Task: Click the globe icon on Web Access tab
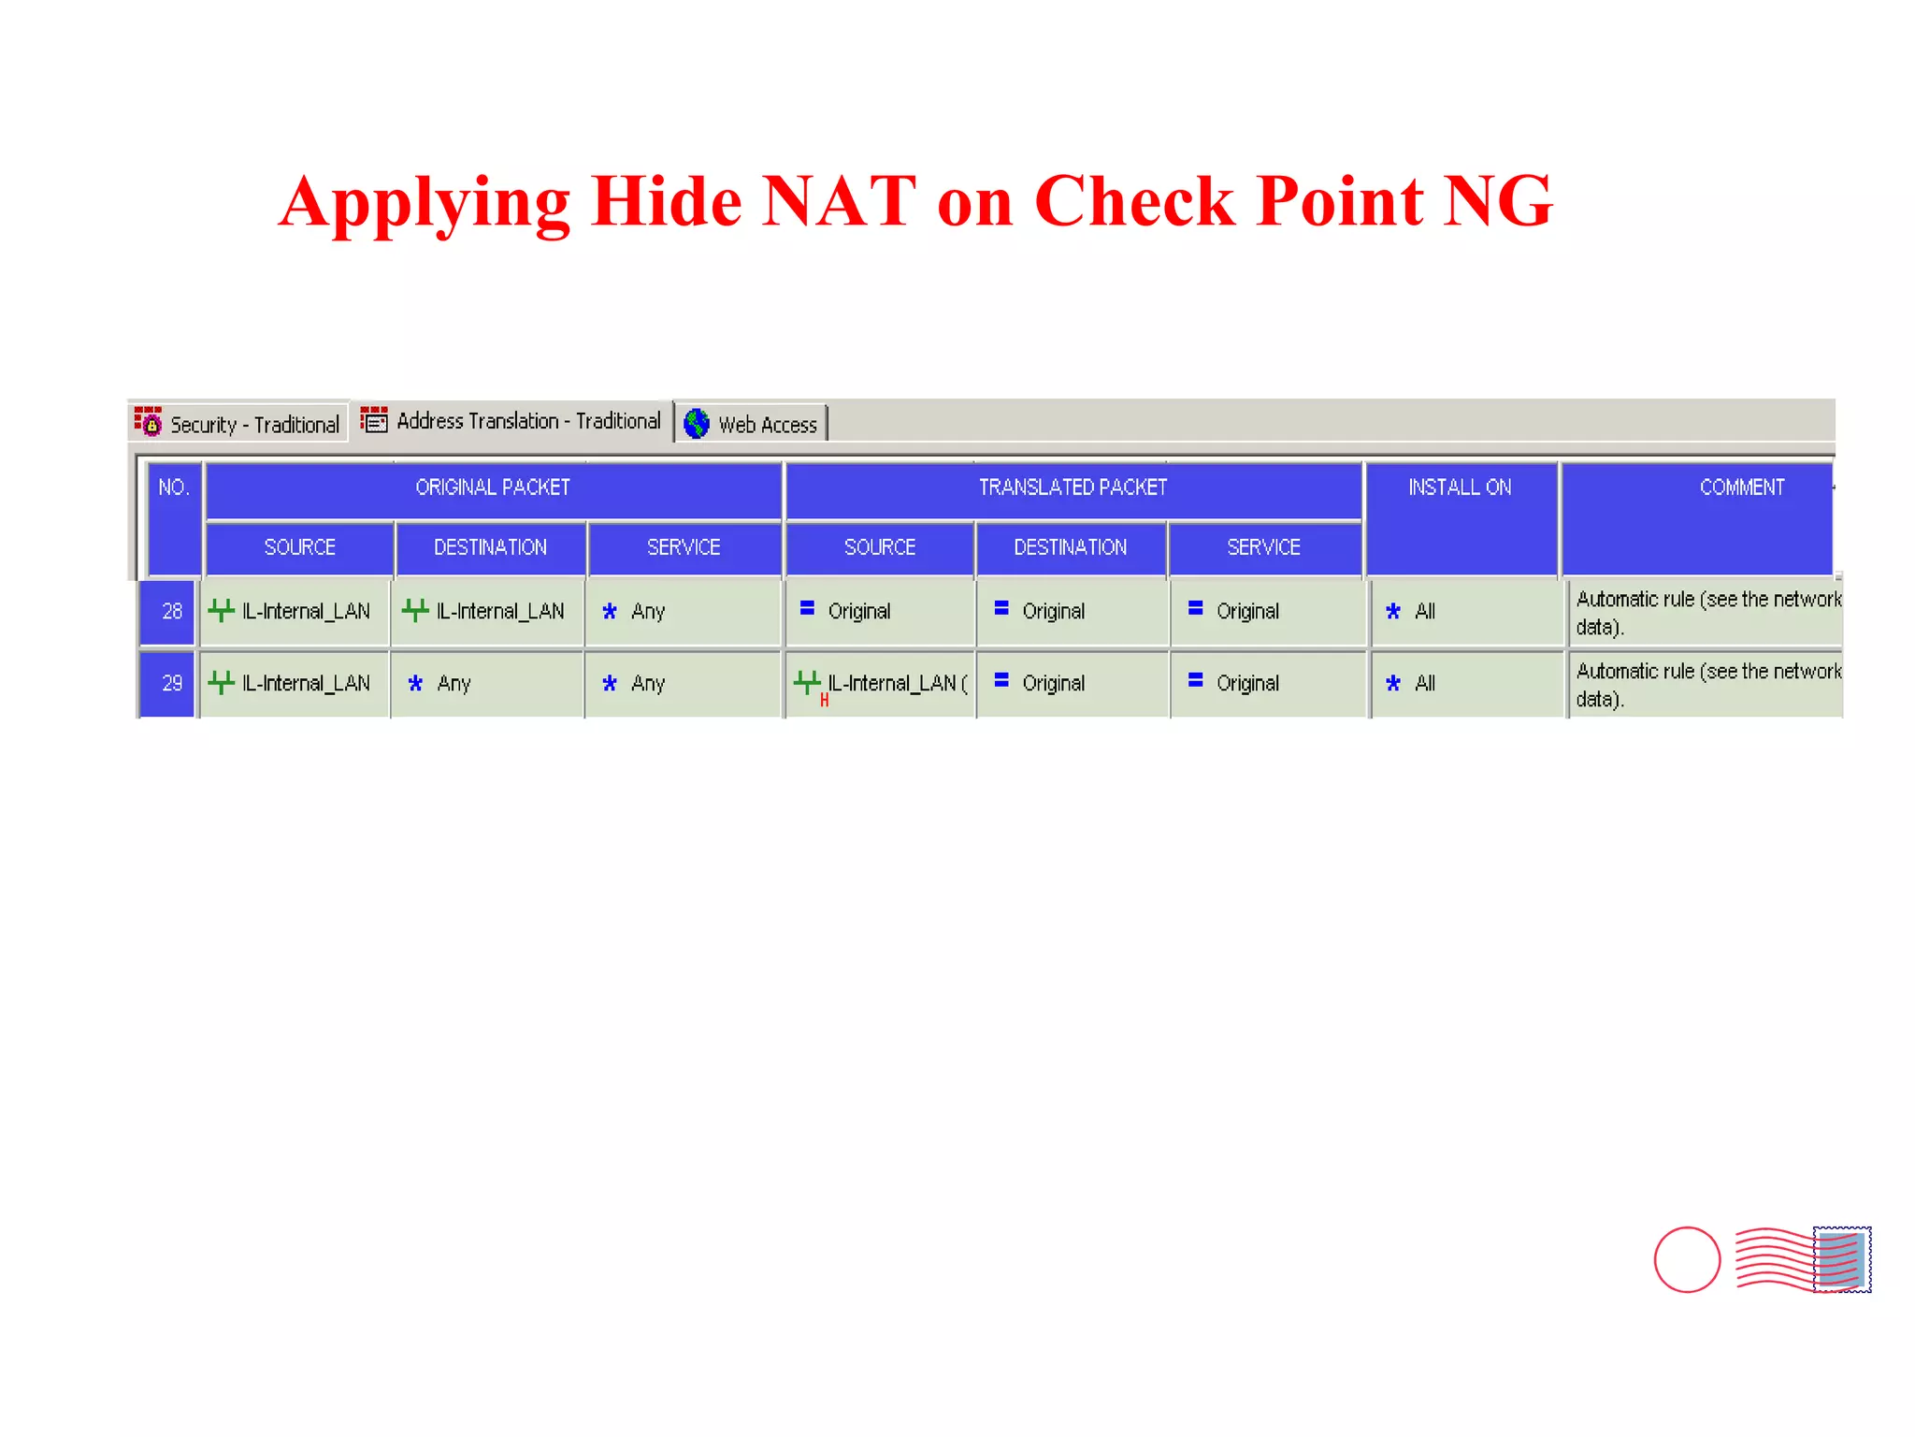697,424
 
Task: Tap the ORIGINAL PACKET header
493,487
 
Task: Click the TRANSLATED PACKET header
1073,487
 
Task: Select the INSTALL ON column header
1460,487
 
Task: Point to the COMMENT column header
1741,487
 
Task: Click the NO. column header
174,487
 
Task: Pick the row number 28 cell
170,612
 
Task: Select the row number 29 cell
170,684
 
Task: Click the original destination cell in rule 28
486,612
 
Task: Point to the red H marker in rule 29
824,700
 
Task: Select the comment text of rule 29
1706,685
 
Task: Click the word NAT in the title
839,201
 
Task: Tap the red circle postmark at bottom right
1687,1259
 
